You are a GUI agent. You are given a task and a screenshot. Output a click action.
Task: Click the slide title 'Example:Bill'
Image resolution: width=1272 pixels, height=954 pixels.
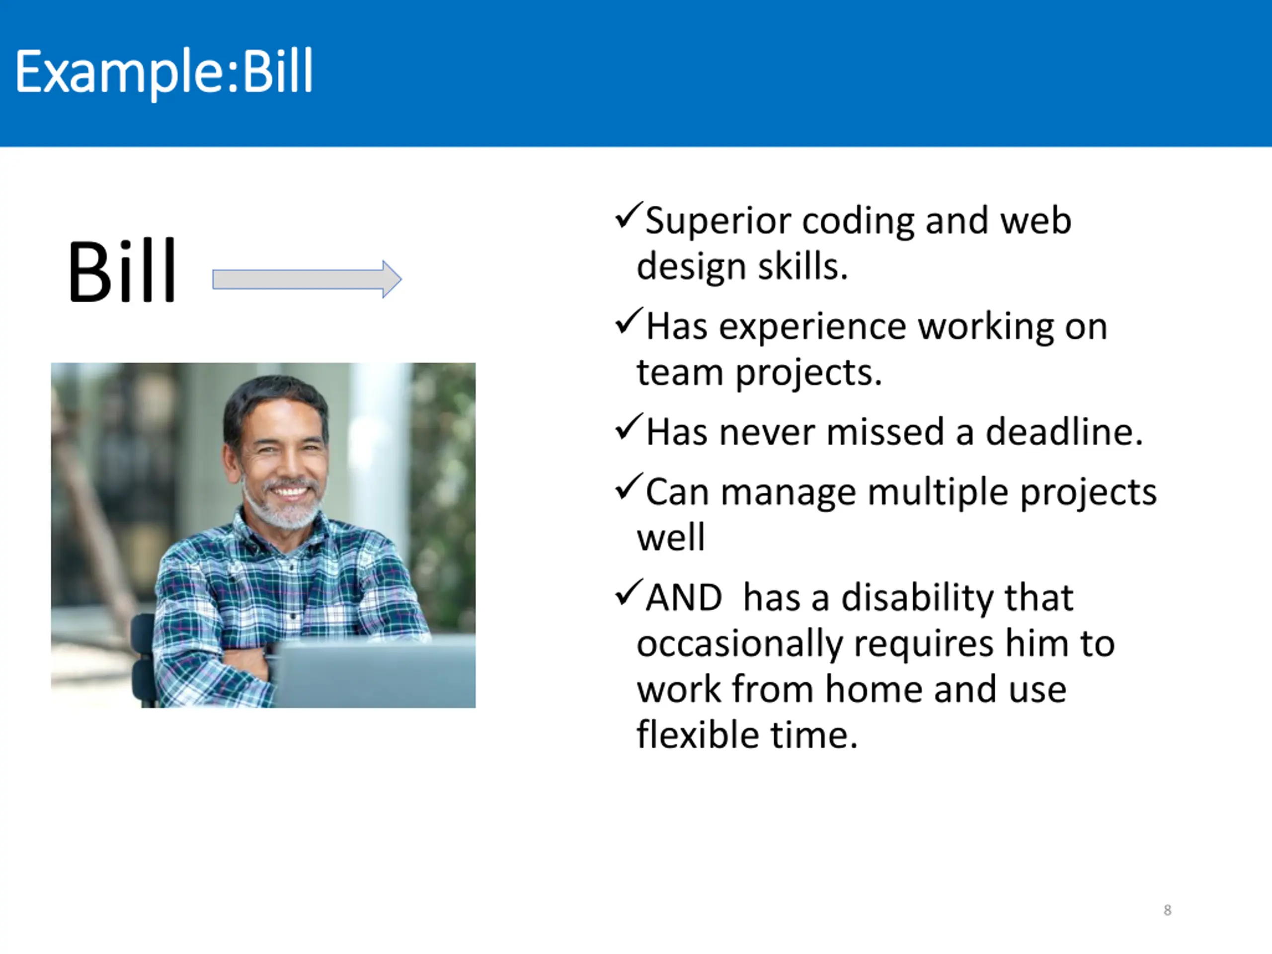point(164,73)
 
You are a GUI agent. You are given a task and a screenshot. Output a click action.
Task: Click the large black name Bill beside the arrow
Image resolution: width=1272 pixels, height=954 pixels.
point(121,270)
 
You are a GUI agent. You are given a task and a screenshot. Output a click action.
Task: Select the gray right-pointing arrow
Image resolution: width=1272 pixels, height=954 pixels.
point(307,279)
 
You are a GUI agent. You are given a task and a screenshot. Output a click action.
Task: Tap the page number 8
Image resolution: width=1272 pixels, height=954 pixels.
point(1167,910)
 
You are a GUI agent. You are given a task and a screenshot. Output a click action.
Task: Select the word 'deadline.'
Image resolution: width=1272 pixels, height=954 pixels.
point(1064,432)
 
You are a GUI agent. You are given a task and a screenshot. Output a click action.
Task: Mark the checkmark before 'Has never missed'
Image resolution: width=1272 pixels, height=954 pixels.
point(629,427)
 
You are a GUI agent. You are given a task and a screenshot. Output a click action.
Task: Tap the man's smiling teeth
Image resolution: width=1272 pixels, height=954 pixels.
point(289,492)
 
